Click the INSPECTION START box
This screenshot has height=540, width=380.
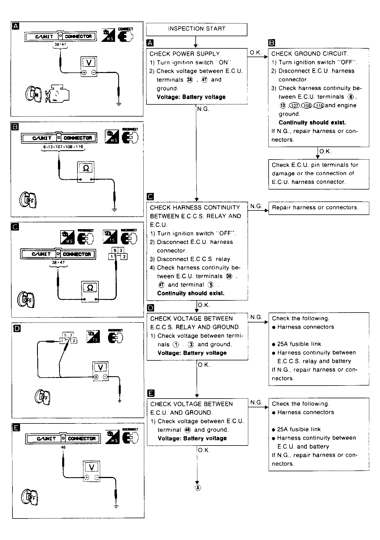(x=197, y=29)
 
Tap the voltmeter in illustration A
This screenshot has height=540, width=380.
(x=89, y=66)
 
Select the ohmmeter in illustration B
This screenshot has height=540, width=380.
(x=86, y=172)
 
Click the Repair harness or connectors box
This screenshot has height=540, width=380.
(x=318, y=208)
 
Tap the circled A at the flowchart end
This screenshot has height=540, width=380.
(x=198, y=488)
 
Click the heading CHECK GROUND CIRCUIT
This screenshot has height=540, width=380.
(x=310, y=54)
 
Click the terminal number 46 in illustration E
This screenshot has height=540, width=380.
(x=63, y=448)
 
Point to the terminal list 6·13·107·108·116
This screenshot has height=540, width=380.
(x=63, y=147)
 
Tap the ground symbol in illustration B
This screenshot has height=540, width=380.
(x=115, y=210)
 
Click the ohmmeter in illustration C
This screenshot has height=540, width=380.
(x=90, y=291)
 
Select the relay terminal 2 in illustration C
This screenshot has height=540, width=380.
(x=124, y=257)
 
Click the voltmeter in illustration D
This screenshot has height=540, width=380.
(x=100, y=371)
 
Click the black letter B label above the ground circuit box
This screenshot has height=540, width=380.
(x=271, y=43)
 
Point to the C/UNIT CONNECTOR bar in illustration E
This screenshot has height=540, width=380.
(x=63, y=438)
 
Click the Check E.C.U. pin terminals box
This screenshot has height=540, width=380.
(x=318, y=174)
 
